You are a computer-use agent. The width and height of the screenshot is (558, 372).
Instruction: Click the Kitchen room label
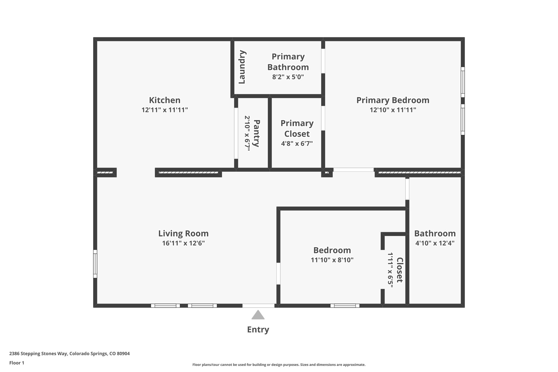pyautogui.click(x=165, y=100)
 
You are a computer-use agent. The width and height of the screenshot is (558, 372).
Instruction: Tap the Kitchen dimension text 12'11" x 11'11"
pyautogui.click(x=165, y=110)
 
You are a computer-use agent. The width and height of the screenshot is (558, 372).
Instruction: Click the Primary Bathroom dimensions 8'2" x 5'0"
pyautogui.click(x=288, y=77)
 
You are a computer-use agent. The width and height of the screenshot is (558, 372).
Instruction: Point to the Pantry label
pyautogui.click(x=256, y=133)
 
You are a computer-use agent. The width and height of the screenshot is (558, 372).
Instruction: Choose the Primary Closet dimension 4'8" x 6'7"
pyautogui.click(x=297, y=144)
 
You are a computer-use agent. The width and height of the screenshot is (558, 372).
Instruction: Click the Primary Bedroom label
pyautogui.click(x=393, y=100)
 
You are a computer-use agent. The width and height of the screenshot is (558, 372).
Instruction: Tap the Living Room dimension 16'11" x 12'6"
pyautogui.click(x=183, y=243)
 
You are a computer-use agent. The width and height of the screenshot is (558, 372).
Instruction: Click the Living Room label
pyautogui.click(x=183, y=234)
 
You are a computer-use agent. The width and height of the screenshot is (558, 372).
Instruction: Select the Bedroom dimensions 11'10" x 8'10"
pyautogui.click(x=332, y=260)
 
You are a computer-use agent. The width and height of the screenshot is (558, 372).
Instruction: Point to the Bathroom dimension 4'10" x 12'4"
pyautogui.click(x=435, y=243)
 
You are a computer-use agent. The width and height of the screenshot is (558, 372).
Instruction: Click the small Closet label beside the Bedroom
pyautogui.click(x=399, y=270)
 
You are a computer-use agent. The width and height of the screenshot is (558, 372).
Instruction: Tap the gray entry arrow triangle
pyautogui.click(x=258, y=315)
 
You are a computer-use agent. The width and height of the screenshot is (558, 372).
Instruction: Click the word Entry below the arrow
pyautogui.click(x=258, y=330)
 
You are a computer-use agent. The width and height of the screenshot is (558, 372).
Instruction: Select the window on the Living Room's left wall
pyautogui.click(x=95, y=264)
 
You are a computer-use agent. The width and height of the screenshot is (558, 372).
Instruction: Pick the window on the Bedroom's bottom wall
pyautogui.click(x=345, y=306)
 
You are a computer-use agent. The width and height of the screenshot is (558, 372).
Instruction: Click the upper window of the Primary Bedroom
pyautogui.click(x=463, y=82)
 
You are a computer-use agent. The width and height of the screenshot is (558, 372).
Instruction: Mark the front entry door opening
pyautogui.click(x=258, y=306)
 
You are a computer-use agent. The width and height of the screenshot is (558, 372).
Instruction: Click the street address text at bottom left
pyautogui.click(x=69, y=354)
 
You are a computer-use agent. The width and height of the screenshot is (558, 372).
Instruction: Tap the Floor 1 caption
pyautogui.click(x=17, y=363)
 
